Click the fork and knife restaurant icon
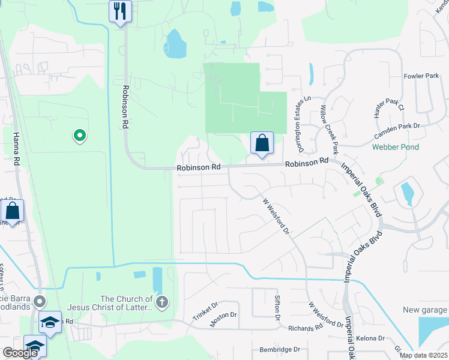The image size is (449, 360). point(120,11)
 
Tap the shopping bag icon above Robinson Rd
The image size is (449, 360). point(262,143)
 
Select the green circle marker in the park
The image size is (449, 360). point(79,136)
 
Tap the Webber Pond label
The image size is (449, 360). point(395,147)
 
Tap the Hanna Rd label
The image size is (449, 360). point(17,149)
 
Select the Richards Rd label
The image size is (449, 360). point(309,328)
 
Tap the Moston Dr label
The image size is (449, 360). point(223,317)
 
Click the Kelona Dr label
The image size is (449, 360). point(370,338)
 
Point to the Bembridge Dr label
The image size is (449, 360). point(279,349)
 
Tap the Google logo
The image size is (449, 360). point(20,353)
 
